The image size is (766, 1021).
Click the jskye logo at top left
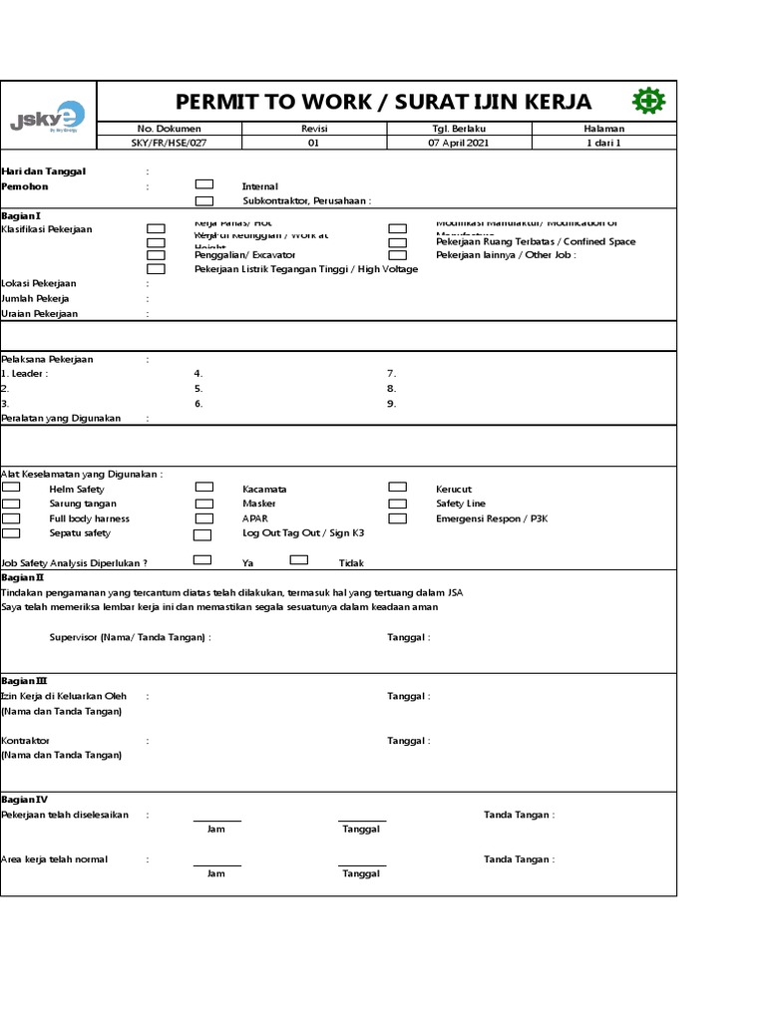(47, 117)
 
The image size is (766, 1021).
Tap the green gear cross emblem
(648, 101)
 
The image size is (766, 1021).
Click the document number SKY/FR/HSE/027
(169, 143)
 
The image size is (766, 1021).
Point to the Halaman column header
(603, 129)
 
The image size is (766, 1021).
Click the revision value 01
(314, 143)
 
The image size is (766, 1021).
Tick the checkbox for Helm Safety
(11, 488)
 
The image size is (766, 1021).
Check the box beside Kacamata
(204, 488)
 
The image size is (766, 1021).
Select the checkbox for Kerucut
(397, 488)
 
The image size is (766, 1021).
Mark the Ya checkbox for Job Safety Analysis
(202, 560)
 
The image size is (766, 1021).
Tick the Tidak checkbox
(299, 560)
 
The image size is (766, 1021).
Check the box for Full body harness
(11, 518)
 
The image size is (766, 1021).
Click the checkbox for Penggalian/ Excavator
(157, 255)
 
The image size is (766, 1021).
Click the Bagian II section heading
(23, 577)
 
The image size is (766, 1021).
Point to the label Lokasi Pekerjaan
(39, 284)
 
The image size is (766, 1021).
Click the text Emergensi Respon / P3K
(492, 518)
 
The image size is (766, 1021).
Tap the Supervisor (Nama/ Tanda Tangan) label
(130, 637)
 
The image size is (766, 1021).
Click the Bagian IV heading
(24, 799)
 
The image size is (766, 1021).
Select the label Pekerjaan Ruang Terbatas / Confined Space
(536, 241)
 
